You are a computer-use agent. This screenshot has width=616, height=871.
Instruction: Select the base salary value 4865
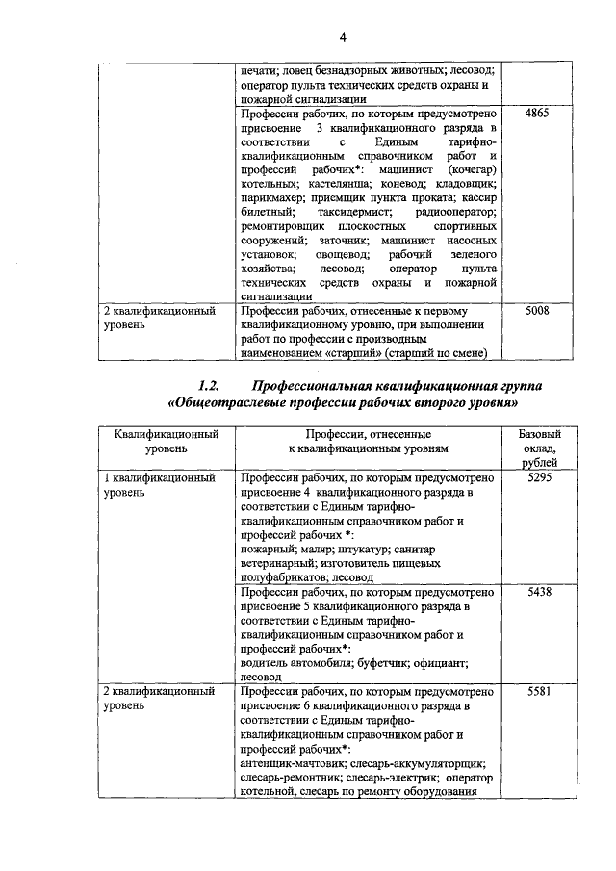tap(538, 113)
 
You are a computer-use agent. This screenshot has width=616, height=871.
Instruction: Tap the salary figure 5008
tap(538, 312)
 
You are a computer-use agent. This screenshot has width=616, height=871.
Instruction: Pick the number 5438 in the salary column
tap(538, 593)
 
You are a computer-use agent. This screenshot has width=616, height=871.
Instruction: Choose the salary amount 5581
tap(538, 693)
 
